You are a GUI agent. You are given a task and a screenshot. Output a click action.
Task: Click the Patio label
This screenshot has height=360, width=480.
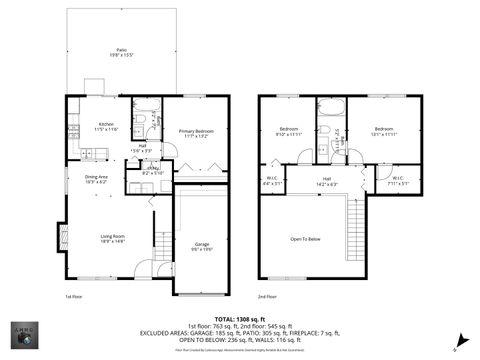(120, 50)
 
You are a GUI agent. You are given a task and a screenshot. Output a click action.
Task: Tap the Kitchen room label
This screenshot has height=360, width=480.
(106, 126)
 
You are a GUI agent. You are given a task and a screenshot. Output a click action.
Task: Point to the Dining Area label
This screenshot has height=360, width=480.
(96, 179)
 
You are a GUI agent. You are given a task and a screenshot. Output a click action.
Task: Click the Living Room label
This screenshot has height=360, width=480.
(111, 238)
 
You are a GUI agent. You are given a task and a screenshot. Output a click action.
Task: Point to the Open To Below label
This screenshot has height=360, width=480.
(305, 239)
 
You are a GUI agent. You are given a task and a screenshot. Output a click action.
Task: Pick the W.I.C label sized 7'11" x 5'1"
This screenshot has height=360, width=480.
(397, 181)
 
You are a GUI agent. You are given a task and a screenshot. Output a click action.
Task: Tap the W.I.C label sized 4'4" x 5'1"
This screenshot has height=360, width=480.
(272, 182)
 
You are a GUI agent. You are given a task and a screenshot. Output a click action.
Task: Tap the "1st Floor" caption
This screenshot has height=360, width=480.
(73, 297)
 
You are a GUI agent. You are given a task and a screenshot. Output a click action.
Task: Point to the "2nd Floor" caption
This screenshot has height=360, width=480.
(266, 297)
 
